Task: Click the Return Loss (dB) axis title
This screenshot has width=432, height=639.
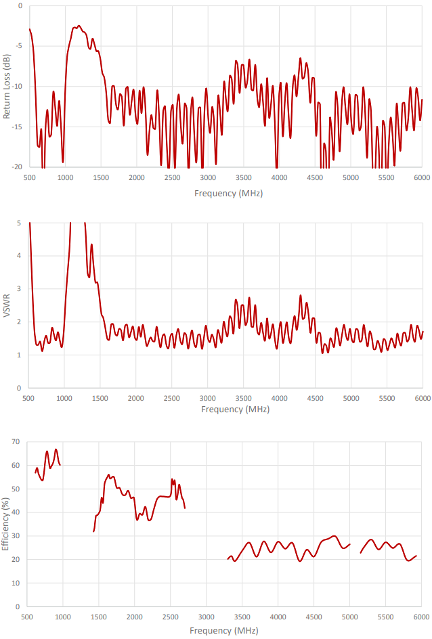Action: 7,86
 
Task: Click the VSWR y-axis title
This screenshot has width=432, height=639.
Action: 7,306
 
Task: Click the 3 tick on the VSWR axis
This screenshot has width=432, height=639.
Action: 19,289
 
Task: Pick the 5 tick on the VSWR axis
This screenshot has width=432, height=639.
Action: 19,223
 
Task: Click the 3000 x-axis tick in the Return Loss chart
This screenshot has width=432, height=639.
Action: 208,178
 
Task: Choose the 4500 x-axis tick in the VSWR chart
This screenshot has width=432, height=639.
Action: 315,398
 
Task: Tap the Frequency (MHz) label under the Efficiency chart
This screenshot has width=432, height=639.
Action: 223,630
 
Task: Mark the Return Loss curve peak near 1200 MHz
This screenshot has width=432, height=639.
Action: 79,26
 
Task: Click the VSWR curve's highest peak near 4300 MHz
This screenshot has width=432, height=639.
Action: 301,295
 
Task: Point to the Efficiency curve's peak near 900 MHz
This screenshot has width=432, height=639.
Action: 56,449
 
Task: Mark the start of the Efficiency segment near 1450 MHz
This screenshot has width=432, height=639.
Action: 93,531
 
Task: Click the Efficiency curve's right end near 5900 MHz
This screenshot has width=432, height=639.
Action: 416,556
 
